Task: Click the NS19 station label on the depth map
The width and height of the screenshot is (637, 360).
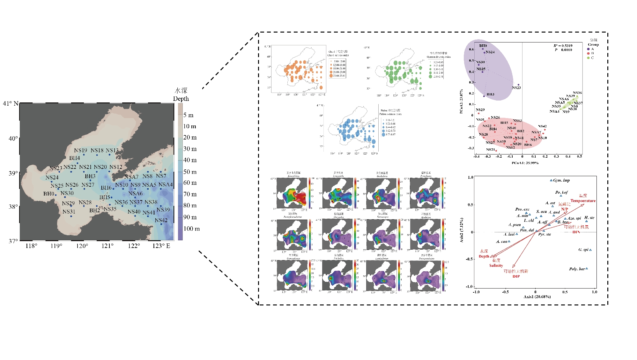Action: [x=80, y=150]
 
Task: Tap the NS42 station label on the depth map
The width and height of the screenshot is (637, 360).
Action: [x=161, y=221]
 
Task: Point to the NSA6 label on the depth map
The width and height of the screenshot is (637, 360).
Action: [x=136, y=193]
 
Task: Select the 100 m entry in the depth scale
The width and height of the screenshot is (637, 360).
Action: [x=191, y=229]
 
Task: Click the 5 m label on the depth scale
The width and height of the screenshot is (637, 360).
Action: [x=188, y=115]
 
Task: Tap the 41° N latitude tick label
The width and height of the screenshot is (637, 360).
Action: [x=11, y=103]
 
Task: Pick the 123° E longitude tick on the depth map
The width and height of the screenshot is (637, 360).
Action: [x=161, y=246]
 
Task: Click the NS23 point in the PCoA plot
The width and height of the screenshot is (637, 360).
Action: [x=518, y=85]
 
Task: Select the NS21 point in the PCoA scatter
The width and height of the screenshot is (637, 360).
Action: [x=496, y=151]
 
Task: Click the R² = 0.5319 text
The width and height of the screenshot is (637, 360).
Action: [x=563, y=46]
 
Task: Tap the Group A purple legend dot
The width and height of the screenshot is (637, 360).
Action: [x=588, y=49]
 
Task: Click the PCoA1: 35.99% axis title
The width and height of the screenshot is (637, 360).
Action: [x=525, y=163]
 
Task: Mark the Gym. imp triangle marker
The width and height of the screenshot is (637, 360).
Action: [x=551, y=180]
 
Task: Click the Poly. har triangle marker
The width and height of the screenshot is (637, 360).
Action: [x=587, y=268]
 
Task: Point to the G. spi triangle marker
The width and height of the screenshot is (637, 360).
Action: [x=590, y=250]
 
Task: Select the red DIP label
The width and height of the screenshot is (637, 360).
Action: [x=516, y=276]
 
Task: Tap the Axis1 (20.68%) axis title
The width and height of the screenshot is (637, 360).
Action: [x=537, y=297]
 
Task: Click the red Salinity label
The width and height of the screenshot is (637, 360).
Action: [x=496, y=266]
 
